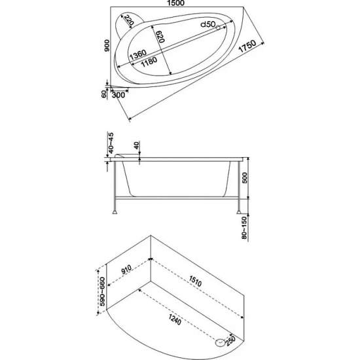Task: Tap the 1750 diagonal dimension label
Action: click(247, 46)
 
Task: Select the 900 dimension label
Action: click(107, 45)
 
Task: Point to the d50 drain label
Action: click(207, 24)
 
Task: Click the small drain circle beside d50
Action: click(218, 27)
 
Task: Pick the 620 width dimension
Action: click(160, 37)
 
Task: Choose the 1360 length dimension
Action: click(138, 55)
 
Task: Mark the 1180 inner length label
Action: click(149, 62)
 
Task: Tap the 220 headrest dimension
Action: click(129, 20)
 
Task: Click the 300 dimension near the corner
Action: click(118, 95)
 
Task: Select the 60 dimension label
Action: click(104, 94)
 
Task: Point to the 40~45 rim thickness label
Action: click(111, 143)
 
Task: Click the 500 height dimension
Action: click(245, 177)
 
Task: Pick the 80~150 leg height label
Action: click(245, 228)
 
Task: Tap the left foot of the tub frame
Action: click(115, 212)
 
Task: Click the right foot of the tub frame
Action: click(239, 212)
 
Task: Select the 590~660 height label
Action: click(102, 291)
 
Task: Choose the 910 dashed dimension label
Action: click(126, 270)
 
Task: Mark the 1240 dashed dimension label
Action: click(175, 320)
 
